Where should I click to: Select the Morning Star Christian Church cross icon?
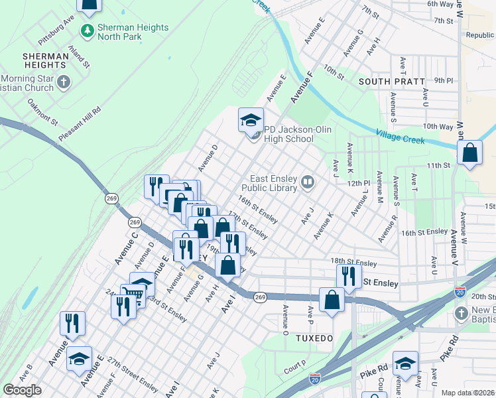tap(64, 82)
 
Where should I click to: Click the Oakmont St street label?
tap(42, 113)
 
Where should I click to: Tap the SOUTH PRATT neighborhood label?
tap(391, 82)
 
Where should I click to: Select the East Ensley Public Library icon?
tap(307, 182)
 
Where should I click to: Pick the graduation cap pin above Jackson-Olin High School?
tap(251, 121)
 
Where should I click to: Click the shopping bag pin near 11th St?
tap(469, 154)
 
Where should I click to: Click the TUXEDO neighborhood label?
tap(314, 338)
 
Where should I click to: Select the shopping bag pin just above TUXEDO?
tap(332, 300)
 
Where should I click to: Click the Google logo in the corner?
tap(22, 390)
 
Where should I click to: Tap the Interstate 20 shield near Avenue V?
tap(460, 291)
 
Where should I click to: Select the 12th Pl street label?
tap(357, 182)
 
